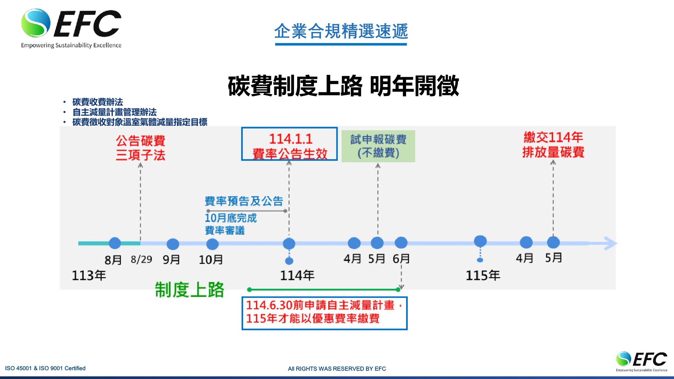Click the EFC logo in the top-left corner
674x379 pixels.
pyautogui.click(x=71, y=29)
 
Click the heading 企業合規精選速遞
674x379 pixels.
pyautogui.click(x=341, y=31)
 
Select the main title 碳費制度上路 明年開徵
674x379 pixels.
pyautogui.click(x=343, y=86)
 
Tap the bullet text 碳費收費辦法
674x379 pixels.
pyautogui.click(x=98, y=102)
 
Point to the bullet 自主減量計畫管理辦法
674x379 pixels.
pyautogui.click(x=115, y=112)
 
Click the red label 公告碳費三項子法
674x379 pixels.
pyautogui.click(x=141, y=148)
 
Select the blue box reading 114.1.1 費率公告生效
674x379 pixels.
pyautogui.click(x=289, y=144)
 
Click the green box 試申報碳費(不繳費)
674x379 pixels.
pyautogui.click(x=378, y=146)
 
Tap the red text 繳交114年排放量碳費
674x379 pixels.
pyautogui.click(x=553, y=145)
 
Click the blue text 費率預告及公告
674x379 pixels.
pyautogui.click(x=244, y=201)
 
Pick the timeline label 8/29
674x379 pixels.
pyautogui.click(x=142, y=259)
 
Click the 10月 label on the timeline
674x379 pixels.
pyautogui.click(x=211, y=259)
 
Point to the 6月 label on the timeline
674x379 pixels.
pyautogui.click(x=401, y=259)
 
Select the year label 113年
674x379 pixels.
pyautogui.click(x=89, y=275)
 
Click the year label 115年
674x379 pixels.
pyautogui.click(x=483, y=275)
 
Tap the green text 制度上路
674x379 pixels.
pyautogui.click(x=189, y=290)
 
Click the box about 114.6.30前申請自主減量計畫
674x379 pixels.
pyautogui.click(x=325, y=313)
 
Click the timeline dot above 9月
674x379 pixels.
pyautogui.click(x=173, y=244)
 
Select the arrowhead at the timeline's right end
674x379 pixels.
pyautogui.click(x=611, y=243)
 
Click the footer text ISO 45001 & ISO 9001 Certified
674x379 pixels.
pyautogui.click(x=45, y=368)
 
